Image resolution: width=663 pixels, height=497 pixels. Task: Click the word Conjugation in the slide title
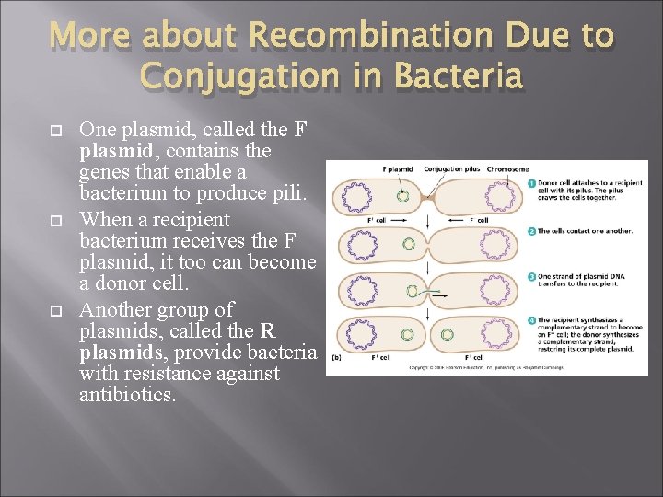(243, 75)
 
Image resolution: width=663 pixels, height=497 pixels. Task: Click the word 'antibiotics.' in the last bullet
(128, 396)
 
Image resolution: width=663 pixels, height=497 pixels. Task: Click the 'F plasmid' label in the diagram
(397, 169)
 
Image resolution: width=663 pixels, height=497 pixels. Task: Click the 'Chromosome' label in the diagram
(507, 169)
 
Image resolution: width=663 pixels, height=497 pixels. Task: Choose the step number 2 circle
(532, 231)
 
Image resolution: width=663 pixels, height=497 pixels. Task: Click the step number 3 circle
(532, 276)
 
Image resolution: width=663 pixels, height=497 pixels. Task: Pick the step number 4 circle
(532, 320)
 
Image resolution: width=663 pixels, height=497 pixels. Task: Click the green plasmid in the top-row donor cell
(402, 196)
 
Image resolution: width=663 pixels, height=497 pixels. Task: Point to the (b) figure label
(336, 357)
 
